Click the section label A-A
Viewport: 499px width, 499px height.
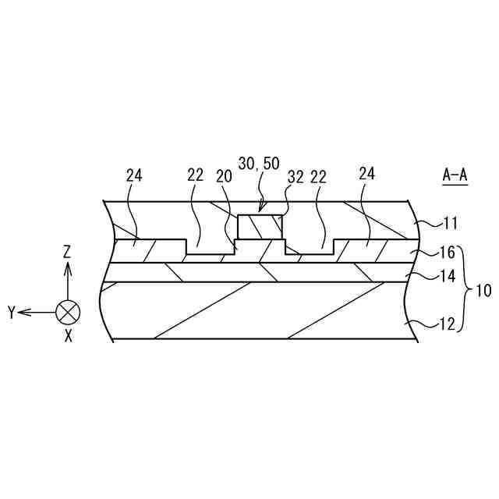click(x=455, y=175)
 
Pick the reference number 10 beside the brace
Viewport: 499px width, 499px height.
click(x=483, y=292)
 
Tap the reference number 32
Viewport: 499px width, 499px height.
click(x=296, y=176)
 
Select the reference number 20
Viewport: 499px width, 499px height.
click(x=225, y=176)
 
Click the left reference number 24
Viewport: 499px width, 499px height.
click(x=134, y=175)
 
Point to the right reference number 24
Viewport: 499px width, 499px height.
click(x=366, y=174)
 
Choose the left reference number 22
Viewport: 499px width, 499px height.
click(x=195, y=175)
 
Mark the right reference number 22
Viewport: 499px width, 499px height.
click(x=319, y=176)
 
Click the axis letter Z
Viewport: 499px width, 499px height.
click(x=68, y=251)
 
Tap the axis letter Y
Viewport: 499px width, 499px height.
click(x=12, y=313)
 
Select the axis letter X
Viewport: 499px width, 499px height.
click(x=69, y=336)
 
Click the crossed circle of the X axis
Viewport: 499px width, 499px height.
click(x=68, y=313)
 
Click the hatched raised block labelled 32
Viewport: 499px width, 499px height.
click(x=260, y=228)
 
